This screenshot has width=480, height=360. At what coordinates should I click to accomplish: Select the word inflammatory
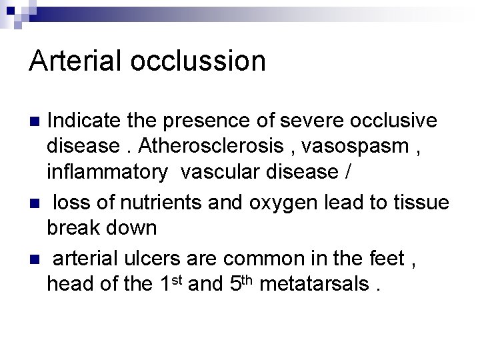107,172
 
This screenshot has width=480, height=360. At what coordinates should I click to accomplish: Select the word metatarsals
313,284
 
